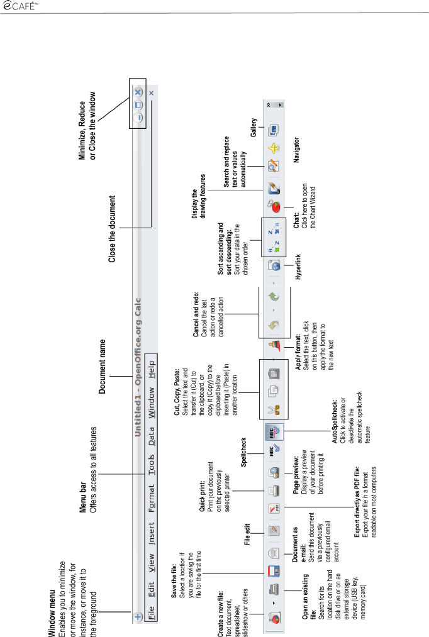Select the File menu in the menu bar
tap(151, 609)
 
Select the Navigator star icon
tap(275, 149)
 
